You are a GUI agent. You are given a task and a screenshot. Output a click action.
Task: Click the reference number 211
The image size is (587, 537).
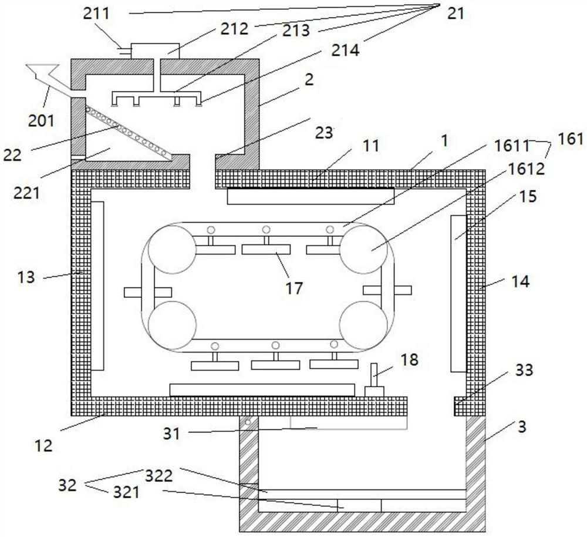point(96,14)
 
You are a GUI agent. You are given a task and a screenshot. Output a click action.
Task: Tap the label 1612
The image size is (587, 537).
point(526,169)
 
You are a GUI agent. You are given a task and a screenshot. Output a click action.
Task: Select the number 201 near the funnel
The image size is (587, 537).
point(41,120)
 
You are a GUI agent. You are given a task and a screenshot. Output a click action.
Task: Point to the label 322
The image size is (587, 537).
point(158,476)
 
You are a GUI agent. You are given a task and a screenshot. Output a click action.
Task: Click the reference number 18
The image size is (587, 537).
point(410,360)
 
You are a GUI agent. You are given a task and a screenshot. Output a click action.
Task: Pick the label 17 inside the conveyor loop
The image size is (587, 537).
point(294,288)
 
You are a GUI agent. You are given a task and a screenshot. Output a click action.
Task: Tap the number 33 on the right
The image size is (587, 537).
point(524,370)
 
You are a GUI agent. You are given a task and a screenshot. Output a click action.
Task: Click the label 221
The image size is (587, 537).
point(26,193)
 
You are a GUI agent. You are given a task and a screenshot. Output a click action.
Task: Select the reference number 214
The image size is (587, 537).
point(345,50)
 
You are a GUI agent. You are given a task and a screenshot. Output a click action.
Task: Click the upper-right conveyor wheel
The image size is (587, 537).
point(363,249)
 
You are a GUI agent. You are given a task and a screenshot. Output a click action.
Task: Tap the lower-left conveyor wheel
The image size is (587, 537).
point(172,325)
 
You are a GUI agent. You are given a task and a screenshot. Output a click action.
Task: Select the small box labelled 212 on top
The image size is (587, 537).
point(155,51)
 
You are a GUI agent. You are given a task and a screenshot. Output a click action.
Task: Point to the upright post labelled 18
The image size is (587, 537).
point(374,380)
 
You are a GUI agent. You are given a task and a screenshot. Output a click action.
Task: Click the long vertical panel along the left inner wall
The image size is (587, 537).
point(97,286)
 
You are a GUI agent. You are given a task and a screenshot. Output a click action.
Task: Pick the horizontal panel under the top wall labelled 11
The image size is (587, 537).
point(311,196)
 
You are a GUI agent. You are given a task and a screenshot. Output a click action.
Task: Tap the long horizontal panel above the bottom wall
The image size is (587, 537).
point(262,390)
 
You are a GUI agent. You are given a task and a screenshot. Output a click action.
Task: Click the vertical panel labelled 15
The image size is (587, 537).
point(458,294)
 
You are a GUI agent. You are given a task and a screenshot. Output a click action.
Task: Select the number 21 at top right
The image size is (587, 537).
point(456,14)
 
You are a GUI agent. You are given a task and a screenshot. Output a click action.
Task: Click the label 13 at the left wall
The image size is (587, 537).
point(26,278)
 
